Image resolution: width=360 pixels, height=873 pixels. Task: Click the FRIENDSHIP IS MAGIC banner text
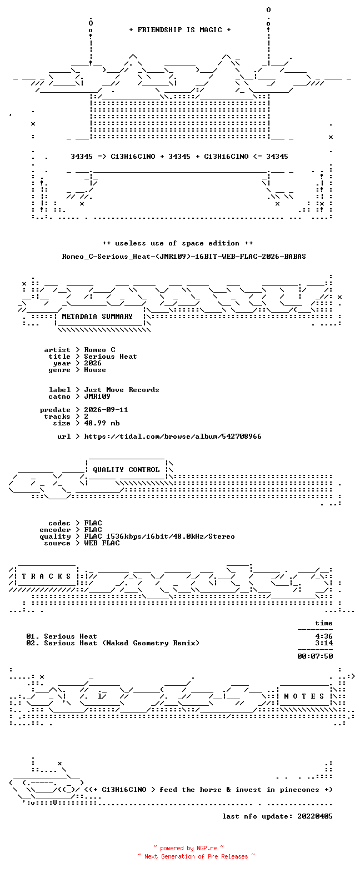click(180, 30)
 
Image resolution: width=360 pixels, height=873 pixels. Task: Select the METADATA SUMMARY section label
click(97, 317)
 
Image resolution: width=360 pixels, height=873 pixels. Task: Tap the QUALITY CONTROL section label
click(126, 470)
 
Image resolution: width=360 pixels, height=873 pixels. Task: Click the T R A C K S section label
click(46, 576)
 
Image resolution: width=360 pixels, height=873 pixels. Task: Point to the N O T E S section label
click(304, 696)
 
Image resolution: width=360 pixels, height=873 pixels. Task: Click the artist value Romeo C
click(99, 350)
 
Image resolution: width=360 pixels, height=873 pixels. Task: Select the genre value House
click(95, 370)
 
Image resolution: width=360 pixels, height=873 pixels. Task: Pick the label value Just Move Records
click(122, 390)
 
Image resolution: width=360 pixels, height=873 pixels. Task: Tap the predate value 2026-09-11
click(106, 410)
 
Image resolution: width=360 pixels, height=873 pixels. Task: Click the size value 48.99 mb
click(102, 423)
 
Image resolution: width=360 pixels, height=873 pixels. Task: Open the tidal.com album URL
click(173, 436)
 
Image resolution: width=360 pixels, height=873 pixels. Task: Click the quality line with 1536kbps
click(159, 536)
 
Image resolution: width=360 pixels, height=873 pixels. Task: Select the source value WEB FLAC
click(102, 543)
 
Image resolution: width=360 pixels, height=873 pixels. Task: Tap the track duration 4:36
click(324, 636)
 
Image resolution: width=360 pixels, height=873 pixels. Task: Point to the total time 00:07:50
click(315, 656)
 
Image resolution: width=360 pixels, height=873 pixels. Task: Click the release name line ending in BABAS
click(184, 257)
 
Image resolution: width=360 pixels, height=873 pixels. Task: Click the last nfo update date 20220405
click(315, 816)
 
